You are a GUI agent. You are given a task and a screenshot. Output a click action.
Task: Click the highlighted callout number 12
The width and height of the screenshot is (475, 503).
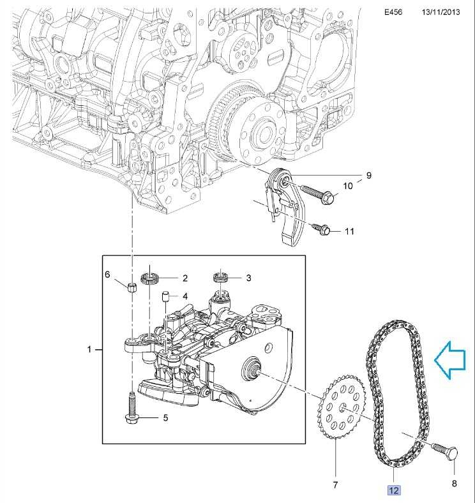393,490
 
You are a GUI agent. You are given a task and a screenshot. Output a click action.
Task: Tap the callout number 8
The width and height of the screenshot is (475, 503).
455,484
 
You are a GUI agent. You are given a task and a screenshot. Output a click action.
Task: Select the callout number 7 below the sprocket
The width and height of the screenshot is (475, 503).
335,486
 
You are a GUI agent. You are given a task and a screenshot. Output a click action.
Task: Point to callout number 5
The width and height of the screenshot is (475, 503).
165,418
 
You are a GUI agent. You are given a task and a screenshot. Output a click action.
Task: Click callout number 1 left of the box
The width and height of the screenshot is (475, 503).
90,349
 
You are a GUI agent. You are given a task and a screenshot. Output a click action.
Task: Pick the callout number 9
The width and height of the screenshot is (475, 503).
368,175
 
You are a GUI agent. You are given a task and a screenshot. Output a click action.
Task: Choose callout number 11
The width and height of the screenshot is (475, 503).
349,231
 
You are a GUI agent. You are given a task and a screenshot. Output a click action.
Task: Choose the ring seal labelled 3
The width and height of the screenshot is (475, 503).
221,277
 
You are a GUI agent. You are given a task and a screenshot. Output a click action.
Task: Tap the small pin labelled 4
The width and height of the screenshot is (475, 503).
165,296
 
